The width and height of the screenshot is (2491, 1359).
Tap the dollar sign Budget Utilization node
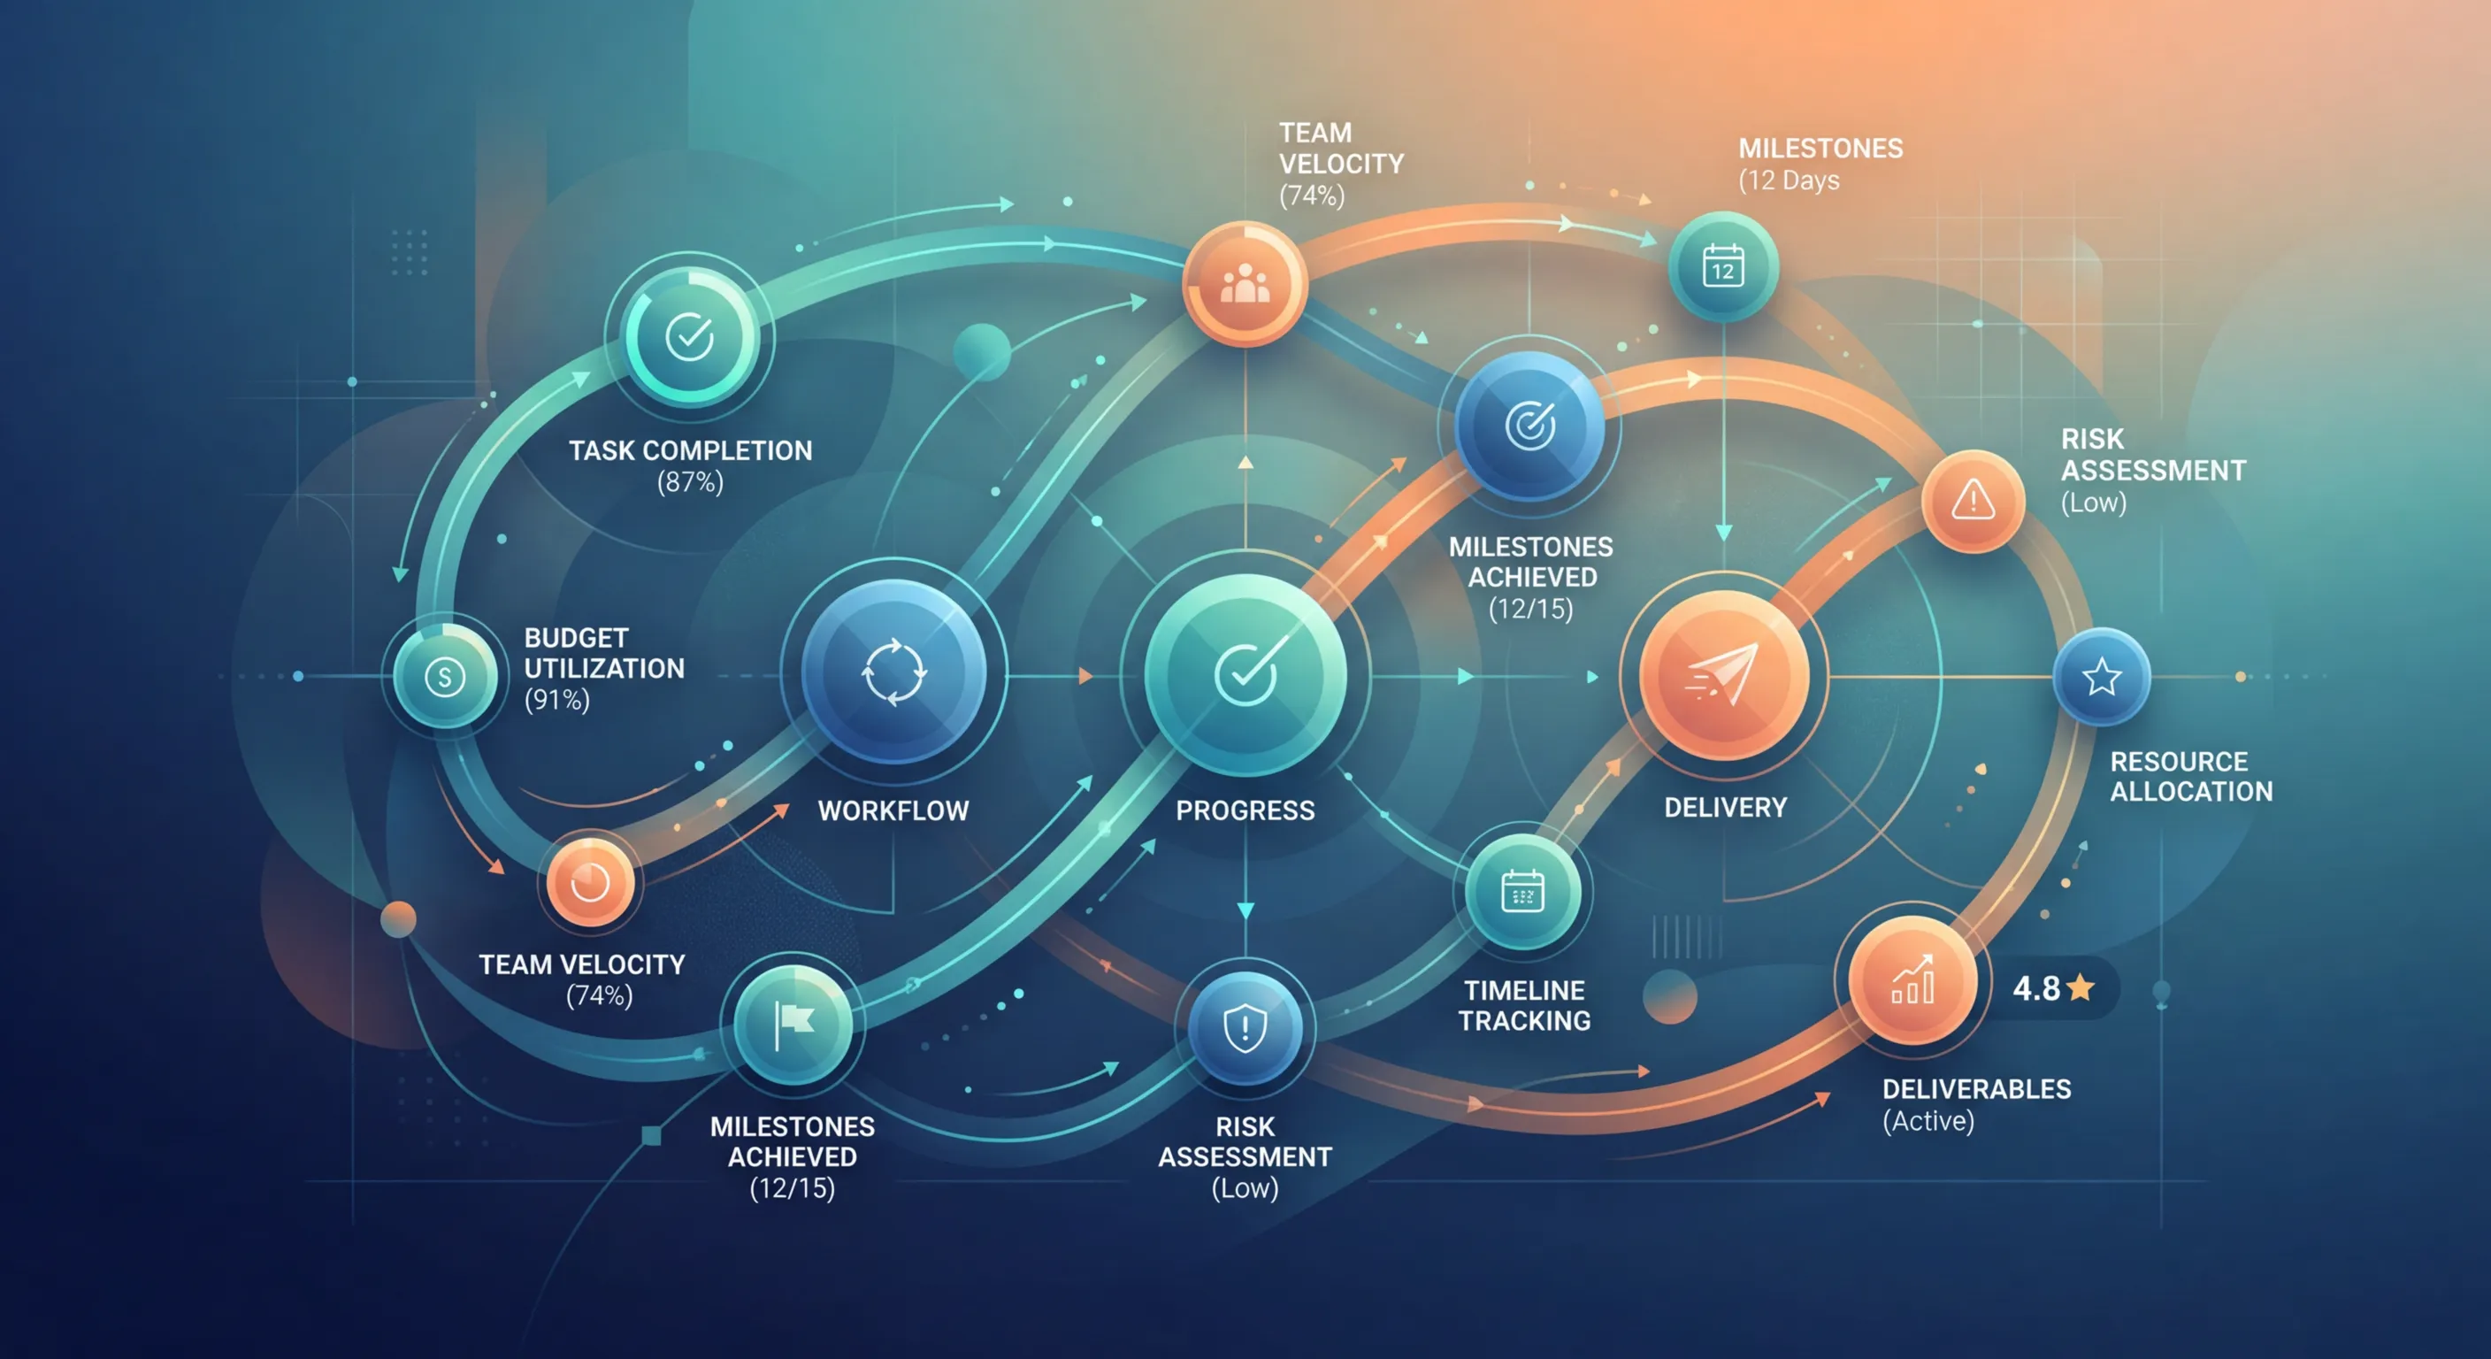(x=445, y=675)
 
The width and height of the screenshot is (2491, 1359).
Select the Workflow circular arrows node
(x=893, y=672)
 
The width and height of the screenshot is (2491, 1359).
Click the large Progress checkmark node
(x=1245, y=674)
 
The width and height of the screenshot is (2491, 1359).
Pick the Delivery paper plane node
(x=1723, y=675)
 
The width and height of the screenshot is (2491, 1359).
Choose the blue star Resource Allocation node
(x=2101, y=676)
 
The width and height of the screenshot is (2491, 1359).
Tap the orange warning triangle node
(x=1973, y=501)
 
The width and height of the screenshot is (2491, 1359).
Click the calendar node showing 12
(x=1723, y=267)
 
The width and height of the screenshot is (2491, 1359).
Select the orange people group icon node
(x=1245, y=283)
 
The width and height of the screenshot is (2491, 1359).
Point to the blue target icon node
(x=1529, y=426)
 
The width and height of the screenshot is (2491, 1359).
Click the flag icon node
(x=793, y=1025)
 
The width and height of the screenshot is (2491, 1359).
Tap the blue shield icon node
(x=1245, y=1027)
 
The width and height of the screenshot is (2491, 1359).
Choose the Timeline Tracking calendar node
(x=1523, y=891)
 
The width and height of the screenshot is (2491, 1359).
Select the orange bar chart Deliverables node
(x=1912, y=982)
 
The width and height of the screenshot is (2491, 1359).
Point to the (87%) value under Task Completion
(x=689, y=481)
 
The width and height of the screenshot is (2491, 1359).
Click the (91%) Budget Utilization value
(x=557, y=699)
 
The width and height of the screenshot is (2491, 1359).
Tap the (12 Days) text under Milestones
(x=1789, y=180)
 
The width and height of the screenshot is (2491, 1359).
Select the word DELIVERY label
(x=1725, y=808)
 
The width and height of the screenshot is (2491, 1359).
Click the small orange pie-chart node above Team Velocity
(x=590, y=882)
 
